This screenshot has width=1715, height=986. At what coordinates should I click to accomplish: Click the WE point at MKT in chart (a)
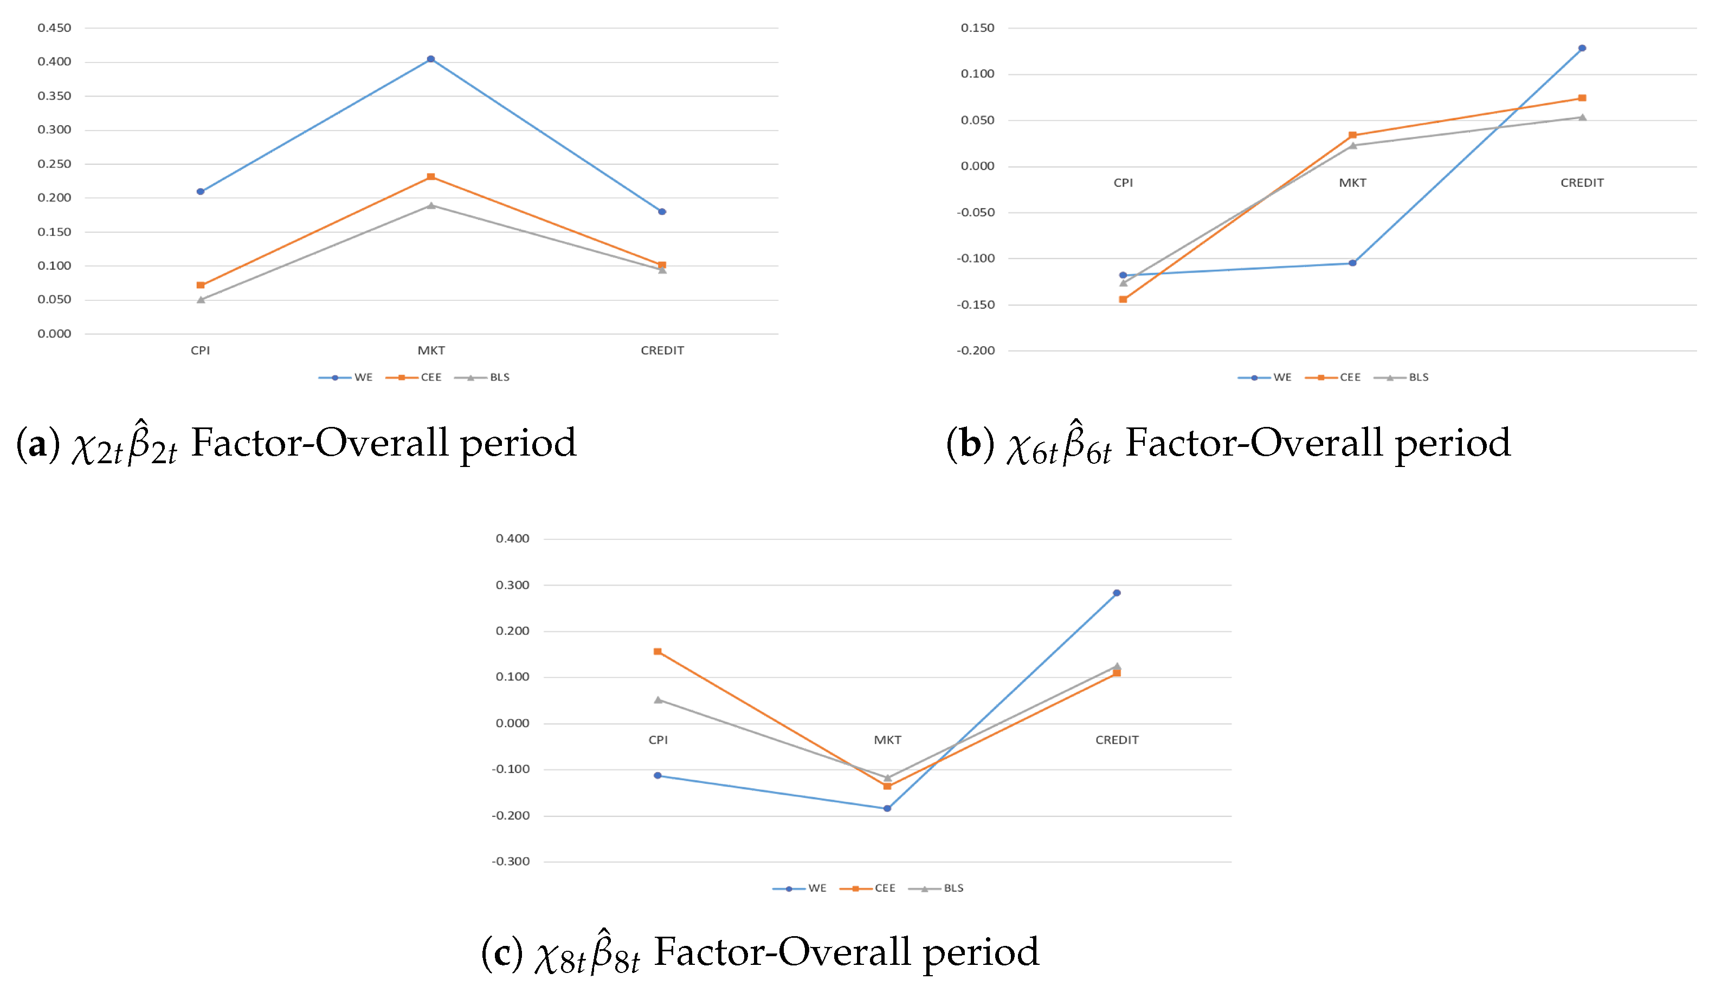click(x=431, y=60)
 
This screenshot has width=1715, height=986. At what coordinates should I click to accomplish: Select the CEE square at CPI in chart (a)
click(x=201, y=285)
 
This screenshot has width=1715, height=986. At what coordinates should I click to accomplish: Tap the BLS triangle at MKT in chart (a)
click(x=431, y=205)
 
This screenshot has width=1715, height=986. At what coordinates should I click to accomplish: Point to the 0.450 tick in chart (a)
click(x=54, y=28)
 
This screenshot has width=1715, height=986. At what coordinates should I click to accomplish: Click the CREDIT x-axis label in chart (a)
click(x=662, y=350)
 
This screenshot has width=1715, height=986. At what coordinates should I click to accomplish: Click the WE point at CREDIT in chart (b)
click(x=1582, y=48)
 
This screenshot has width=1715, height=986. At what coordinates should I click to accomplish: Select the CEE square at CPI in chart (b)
click(x=1123, y=299)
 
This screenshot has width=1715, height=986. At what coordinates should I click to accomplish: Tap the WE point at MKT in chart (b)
click(x=1352, y=263)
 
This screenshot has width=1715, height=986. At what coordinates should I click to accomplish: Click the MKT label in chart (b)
click(x=1352, y=183)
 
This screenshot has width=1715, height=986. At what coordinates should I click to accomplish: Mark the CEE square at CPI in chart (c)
click(x=657, y=651)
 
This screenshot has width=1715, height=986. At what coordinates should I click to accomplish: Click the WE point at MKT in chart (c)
click(x=887, y=808)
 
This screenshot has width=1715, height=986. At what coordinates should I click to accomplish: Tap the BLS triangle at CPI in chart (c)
click(x=657, y=699)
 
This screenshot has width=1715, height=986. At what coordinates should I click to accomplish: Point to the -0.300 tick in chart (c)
click(x=511, y=861)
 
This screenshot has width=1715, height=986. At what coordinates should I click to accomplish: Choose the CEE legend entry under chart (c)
click(x=868, y=888)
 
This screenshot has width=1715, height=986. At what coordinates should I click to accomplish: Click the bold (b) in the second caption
click(x=970, y=444)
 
